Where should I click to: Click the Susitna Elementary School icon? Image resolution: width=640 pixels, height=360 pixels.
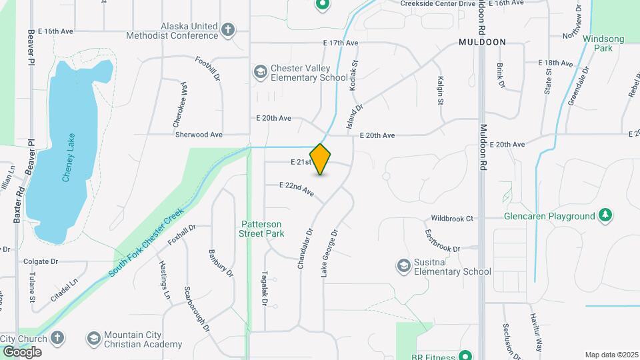pyautogui.click(x=403, y=266)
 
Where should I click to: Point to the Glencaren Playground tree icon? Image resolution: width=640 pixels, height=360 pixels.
pyautogui.click(x=605, y=215)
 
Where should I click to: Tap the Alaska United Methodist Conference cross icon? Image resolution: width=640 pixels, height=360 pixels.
pyautogui.click(x=229, y=31)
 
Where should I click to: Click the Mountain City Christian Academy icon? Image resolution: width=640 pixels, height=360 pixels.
pyautogui.click(x=93, y=339)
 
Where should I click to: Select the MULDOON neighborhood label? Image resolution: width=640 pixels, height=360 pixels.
pyautogui.click(x=482, y=42)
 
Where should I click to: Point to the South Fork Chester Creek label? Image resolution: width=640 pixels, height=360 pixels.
pyautogui.click(x=145, y=244)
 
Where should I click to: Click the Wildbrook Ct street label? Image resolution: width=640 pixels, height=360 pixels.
pyautogui.click(x=451, y=218)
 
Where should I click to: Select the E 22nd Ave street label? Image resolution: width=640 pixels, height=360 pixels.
pyautogui.click(x=296, y=189)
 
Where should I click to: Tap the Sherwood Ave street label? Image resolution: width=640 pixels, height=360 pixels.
pyautogui.click(x=199, y=134)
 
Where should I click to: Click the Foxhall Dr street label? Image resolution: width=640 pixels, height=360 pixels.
pyautogui.click(x=181, y=235)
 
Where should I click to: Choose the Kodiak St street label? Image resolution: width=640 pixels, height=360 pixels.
pyautogui.click(x=355, y=76)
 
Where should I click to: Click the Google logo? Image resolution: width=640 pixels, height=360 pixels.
pyautogui.click(x=22, y=351)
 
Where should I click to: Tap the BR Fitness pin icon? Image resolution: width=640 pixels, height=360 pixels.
pyautogui.click(x=466, y=355)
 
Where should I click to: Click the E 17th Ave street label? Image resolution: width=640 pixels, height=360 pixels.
pyautogui.click(x=341, y=43)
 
